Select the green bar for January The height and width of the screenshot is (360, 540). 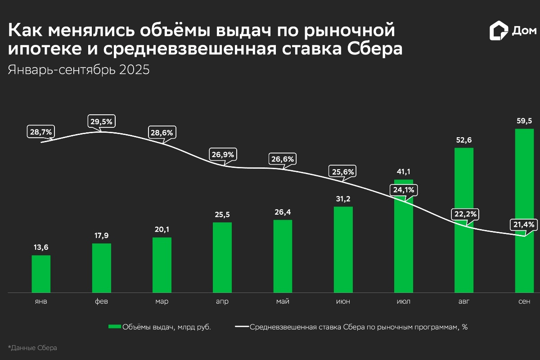click(x=41, y=274)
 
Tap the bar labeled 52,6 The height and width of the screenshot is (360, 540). click(x=464, y=220)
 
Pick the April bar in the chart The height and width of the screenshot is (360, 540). click(x=222, y=257)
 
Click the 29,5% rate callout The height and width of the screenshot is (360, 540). click(x=101, y=121)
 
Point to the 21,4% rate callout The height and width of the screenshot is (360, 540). click(x=523, y=224)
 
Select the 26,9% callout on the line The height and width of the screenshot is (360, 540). click(x=222, y=154)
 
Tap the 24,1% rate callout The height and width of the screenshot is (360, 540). click(x=404, y=189)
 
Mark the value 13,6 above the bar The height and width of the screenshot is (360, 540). click(x=41, y=247)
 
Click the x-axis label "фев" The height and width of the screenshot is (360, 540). click(x=101, y=301)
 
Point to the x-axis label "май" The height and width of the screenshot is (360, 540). click(x=283, y=301)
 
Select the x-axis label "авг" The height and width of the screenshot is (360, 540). click(x=463, y=301)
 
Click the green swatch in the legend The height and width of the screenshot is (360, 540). click(x=115, y=327)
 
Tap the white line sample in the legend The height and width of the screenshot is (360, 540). click(x=242, y=327)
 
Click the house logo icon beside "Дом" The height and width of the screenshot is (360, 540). click(x=498, y=31)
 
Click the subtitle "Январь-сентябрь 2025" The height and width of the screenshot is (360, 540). click(x=79, y=70)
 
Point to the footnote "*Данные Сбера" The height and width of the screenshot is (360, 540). click(x=33, y=348)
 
